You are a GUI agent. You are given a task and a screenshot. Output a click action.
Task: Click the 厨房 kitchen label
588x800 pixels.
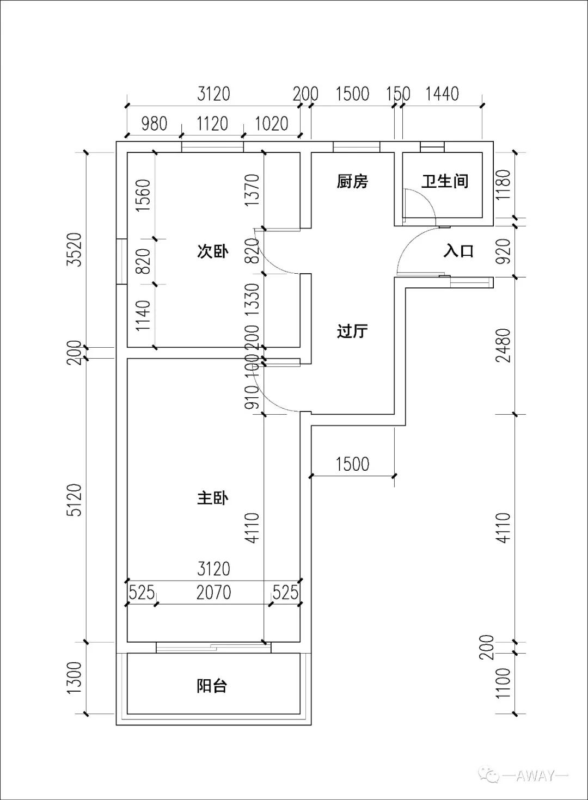[352, 181]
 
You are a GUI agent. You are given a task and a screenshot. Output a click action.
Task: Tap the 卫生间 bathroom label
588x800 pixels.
[445, 181]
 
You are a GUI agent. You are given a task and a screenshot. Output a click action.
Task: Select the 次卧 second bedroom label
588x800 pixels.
[212, 251]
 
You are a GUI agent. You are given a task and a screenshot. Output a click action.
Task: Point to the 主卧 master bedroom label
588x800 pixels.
[212, 497]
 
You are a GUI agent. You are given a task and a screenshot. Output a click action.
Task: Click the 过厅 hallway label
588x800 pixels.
[352, 331]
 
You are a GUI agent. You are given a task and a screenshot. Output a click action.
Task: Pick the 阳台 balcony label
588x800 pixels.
[212, 686]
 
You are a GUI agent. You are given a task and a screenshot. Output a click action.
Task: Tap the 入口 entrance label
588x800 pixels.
[458, 251]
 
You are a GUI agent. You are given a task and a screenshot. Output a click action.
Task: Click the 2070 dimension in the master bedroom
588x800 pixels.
[213, 592]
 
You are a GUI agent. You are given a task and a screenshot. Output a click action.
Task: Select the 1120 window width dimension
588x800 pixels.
[212, 124]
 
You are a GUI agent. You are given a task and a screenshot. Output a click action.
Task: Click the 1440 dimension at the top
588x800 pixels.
[442, 94]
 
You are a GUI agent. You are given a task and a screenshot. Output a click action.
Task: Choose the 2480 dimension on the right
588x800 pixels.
[503, 345]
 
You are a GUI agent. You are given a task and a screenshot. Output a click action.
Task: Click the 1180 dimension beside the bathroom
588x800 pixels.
[503, 185]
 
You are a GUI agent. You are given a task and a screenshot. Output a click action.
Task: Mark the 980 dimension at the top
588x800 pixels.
[154, 124]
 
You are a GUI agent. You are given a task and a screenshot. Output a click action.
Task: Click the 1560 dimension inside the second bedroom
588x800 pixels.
[143, 195]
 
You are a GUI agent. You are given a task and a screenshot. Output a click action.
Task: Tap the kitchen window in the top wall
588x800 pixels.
[356, 146]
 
